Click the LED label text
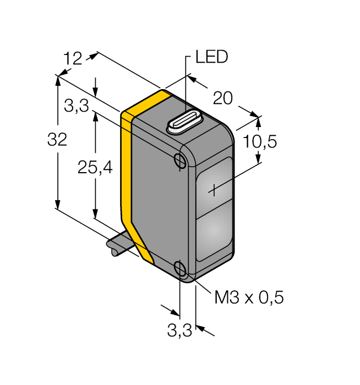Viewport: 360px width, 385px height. point(211,57)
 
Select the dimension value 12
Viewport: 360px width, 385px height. point(73,58)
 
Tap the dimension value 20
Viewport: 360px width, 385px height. point(223,98)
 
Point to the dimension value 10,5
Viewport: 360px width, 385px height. point(259,142)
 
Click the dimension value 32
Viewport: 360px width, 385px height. point(57,140)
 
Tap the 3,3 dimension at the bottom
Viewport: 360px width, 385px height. point(179,331)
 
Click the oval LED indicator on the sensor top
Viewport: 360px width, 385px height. point(185,123)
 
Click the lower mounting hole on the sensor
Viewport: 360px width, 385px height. point(179,268)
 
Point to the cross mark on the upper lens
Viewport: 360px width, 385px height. point(214,191)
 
